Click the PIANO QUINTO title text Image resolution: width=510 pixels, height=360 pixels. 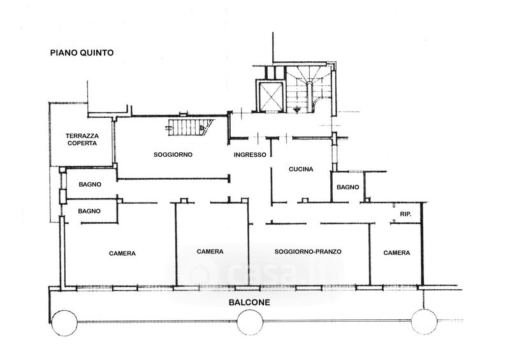click(82, 53)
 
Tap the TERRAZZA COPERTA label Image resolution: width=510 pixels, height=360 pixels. click(82, 140)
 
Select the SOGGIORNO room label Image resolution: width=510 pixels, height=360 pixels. click(173, 154)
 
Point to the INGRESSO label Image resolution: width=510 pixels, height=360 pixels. click(250, 155)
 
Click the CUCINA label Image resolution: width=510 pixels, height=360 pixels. click(301, 169)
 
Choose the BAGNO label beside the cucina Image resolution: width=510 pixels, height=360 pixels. click(347, 187)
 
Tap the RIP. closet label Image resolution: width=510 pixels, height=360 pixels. click(405, 214)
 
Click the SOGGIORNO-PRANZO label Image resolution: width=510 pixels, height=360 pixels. click(308, 252)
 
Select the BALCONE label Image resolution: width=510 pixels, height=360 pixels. click(249, 303)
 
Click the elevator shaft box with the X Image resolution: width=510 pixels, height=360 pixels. click(270, 96)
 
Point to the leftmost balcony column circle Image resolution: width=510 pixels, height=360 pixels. click(64, 322)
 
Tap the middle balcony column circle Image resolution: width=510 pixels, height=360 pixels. click(250, 322)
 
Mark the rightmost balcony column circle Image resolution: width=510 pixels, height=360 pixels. click(424, 321)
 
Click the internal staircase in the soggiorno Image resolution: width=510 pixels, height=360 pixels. click(190, 127)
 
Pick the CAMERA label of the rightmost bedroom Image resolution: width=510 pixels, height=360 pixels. click(397, 253)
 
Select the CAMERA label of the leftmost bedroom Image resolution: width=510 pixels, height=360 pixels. click(122, 254)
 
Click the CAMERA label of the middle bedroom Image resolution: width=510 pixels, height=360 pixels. click(210, 252)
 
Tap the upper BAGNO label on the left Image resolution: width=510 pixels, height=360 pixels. click(90, 184)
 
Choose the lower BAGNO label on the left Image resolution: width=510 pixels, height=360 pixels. click(89, 211)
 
